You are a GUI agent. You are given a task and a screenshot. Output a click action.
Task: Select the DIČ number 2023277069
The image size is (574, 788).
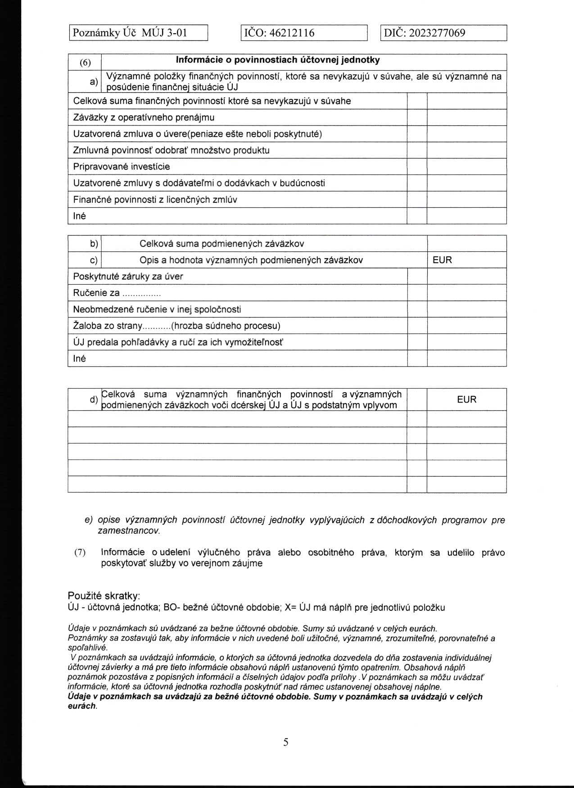click(437, 33)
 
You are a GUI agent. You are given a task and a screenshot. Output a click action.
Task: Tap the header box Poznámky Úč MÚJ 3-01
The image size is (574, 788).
click(130, 33)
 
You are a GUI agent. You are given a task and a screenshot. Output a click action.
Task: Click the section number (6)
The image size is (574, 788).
click(85, 63)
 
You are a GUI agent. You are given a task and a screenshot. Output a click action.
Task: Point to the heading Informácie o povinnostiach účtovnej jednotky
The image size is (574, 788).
click(277, 60)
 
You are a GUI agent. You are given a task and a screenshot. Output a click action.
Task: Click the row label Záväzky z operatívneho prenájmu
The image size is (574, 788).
click(144, 117)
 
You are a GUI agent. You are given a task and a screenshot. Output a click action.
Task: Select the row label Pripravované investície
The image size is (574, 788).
click(122, 166)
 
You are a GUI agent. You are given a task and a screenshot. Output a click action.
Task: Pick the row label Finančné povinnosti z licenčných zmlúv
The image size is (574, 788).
click(155, 199)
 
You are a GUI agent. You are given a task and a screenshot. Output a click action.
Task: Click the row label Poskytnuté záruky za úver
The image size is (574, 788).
click(128, 276)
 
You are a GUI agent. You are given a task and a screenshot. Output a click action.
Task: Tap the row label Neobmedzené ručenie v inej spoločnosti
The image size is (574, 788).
click(157, 309)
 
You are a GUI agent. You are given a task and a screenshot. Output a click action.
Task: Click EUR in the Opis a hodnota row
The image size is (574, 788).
click(442, 260)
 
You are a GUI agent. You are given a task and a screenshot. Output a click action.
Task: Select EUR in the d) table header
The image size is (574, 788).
click(466, 399)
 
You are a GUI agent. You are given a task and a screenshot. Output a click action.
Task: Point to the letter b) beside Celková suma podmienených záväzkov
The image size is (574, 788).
click(94, 244)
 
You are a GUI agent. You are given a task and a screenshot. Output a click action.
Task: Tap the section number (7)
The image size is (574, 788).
click(80, 552)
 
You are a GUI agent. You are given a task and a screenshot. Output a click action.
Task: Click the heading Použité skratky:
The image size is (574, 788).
click(104, 595)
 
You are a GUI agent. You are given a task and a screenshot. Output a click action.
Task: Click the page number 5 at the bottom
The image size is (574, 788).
click(286, 742)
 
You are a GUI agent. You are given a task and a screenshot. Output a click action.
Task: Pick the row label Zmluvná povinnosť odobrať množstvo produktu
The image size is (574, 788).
click(171, 150)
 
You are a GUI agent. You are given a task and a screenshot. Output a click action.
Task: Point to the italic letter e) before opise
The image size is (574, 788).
click(89, 520)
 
